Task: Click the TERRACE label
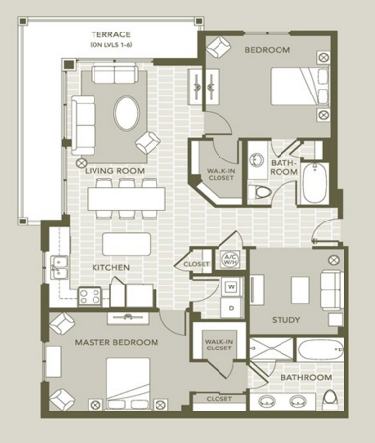coord(111,34)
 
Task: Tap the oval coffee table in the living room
coord(126,112)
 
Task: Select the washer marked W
coord(231,287)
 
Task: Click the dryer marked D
coord(231,308)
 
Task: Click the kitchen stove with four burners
coord(90,296)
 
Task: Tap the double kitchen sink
coord(59,268)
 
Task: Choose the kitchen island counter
coord(126,244)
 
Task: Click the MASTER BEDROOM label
coord(116,342)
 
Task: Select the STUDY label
coord(285,320)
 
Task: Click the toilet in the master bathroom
coord(330,400)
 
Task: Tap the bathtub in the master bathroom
coord(320,349)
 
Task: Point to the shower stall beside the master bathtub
coord(271,348)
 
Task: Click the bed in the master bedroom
coord(128,383)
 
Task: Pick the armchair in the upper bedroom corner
coord(218,46)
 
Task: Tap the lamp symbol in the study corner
coord(334,260)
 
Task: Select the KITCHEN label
coord(111,267)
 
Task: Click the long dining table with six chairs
coord(126,199)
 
